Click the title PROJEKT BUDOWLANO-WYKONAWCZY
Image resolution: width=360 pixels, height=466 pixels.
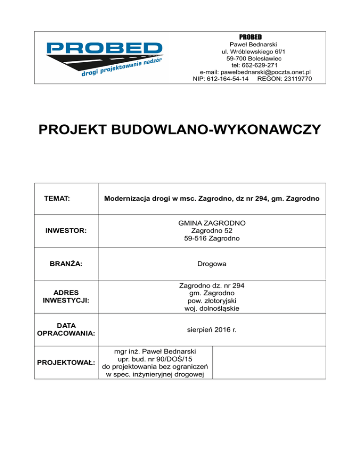click(180, 128)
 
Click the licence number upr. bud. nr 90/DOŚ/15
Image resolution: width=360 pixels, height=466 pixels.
click(157, 359)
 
